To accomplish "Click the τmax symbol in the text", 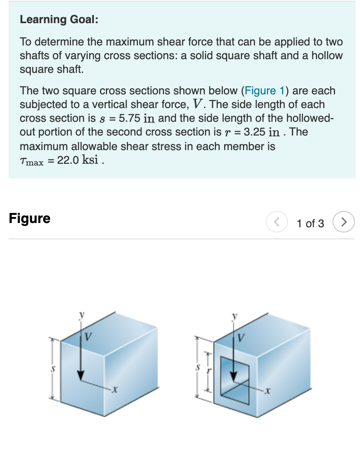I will click(32, 161).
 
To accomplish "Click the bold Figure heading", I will click(30, 218).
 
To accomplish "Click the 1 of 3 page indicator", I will click(310, 223).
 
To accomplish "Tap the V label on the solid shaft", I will click(88, 337).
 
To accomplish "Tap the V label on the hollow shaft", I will click(241, 337).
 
